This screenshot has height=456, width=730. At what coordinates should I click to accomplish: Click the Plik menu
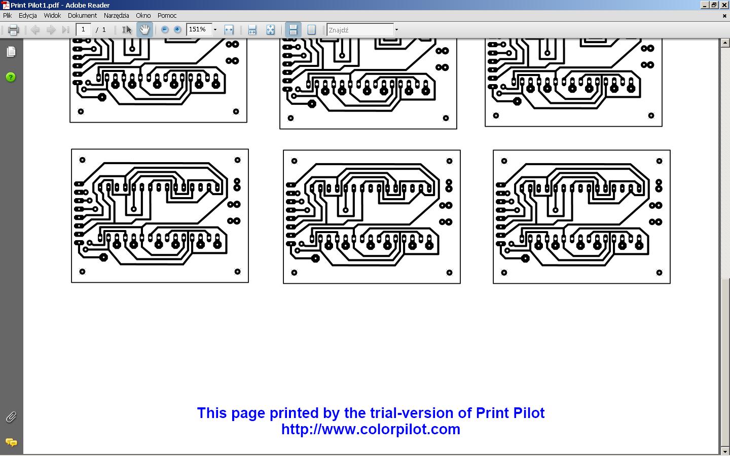coord(7,15)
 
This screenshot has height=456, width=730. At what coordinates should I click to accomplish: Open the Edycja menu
coord(27,15)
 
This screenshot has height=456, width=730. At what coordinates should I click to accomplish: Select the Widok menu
coord(52,15)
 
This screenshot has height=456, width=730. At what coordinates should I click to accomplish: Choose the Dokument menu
coord(82,15)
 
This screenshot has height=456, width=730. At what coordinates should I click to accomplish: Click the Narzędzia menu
coord(117,16)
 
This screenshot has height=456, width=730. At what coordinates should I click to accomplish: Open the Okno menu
coord(143,15)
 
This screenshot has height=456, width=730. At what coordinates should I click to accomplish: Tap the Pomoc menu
coord(167,15)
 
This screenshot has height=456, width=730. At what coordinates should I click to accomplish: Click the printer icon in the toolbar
coord(13,30)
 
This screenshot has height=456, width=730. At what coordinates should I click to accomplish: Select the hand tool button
coord(144,29)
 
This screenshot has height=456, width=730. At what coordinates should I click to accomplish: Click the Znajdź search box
coord(360,30)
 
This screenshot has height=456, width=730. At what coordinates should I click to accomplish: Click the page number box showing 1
coord(83,29)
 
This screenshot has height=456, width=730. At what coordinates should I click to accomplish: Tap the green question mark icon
coord(11,77)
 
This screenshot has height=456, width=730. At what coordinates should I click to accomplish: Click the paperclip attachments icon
coord(11,417)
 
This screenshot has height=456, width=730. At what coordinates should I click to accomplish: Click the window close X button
coord(724,5)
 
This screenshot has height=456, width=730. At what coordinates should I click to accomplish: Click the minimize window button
coord(705,5)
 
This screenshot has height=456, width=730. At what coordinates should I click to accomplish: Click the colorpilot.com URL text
coord(371,429)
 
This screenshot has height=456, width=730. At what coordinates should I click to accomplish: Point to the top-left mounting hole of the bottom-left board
coord(82,160)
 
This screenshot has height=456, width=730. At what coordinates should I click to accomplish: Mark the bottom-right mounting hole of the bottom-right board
coord(659,273)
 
